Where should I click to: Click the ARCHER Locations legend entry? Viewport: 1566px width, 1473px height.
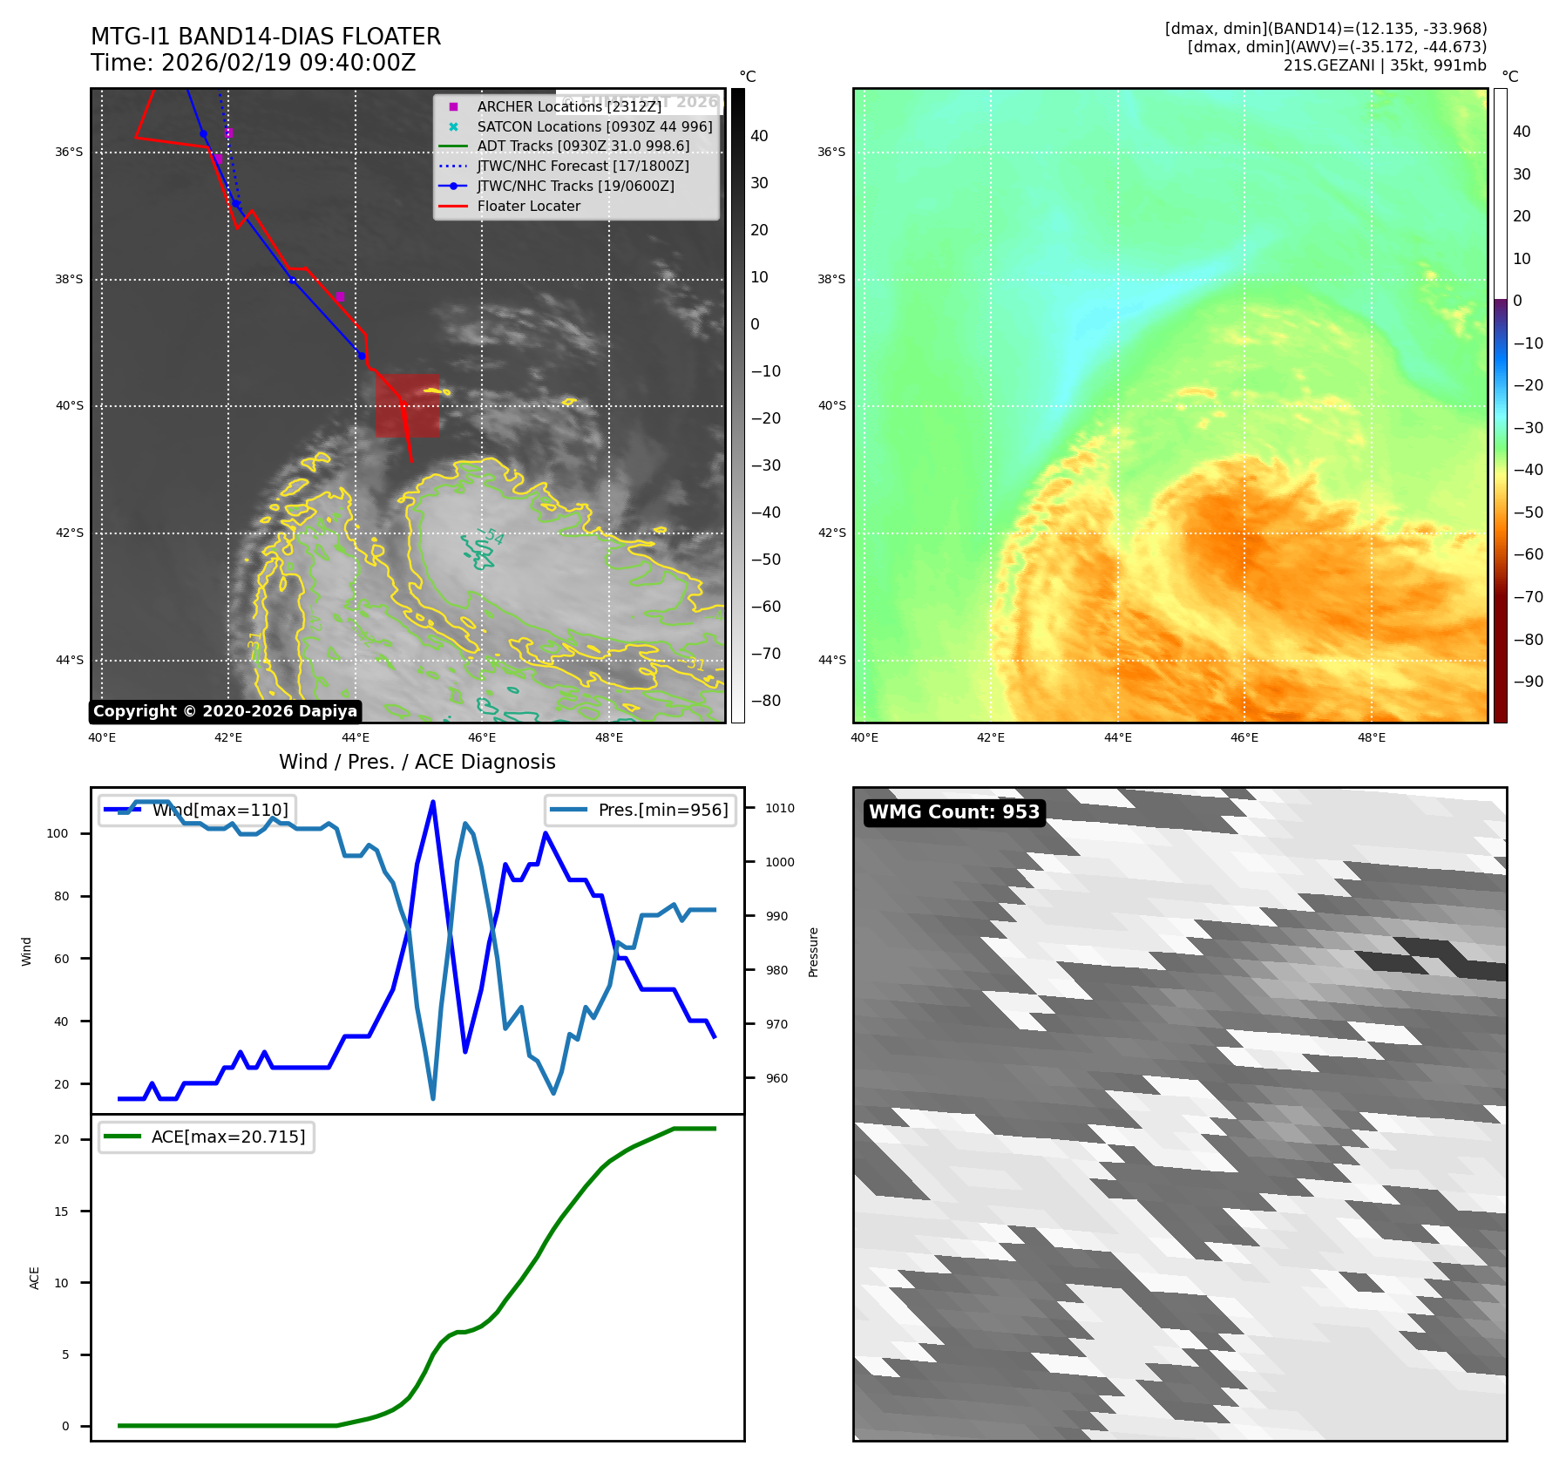point(568,106)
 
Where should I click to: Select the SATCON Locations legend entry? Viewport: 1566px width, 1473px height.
point(593,126)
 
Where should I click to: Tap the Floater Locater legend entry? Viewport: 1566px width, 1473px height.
point(528,207)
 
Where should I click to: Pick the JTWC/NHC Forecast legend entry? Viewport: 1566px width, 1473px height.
point(582,166)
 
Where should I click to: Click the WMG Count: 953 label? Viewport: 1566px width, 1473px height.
point(953,812)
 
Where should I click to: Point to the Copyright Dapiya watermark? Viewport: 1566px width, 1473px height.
point(225,711)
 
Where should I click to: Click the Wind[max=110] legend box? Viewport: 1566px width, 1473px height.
point(197,810)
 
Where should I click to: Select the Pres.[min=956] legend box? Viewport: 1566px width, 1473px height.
point(641,810)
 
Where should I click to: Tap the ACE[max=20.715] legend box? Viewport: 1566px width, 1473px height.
point(207,1137)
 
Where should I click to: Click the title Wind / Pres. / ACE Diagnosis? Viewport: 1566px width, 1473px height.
point(417,762)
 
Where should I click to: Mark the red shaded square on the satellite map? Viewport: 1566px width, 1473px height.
point(407,405)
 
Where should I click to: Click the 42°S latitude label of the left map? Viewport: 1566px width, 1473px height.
point(70,533)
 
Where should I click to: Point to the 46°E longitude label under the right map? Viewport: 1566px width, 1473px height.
point(1244,738)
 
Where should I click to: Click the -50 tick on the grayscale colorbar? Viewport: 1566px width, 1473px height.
point(766,560)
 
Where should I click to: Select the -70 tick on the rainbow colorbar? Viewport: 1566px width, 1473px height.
point(1528,597)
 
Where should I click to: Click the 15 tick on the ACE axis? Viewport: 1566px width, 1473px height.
point(61,1212)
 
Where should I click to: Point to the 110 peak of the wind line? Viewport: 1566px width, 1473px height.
point(433,802)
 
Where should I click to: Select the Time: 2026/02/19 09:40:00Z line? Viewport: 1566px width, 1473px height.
point(253,64)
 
